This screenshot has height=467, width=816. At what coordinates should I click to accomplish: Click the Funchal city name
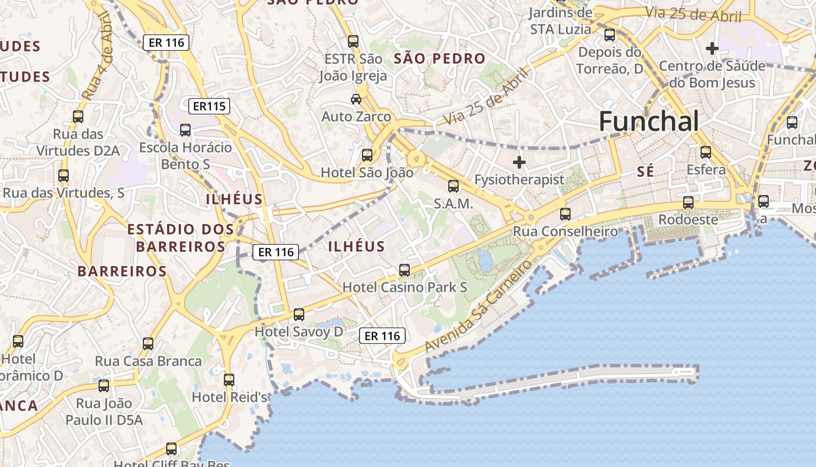point(649,121)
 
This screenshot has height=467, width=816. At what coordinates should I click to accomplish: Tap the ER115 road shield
point(209,106)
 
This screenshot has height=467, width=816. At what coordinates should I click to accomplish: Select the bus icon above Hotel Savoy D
point(299,315)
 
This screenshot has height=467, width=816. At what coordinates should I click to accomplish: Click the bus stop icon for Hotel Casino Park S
point(405,270)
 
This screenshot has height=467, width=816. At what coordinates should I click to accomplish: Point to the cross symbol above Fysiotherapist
point(519,162)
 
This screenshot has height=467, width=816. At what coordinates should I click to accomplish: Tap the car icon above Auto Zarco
point(356,99)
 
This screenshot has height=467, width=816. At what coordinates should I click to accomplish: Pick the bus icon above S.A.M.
point(453,186)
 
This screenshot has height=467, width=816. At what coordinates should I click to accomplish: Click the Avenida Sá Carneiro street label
point(479,306)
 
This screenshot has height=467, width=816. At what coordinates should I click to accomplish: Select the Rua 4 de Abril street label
point(97,56)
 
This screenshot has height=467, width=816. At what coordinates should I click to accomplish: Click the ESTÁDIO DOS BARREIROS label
point(181,238)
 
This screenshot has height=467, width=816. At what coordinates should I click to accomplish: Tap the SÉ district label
point(645,172)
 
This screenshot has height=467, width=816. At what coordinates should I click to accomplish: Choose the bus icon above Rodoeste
point(688,203)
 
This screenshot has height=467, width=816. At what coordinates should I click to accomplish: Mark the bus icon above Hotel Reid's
point(229,380)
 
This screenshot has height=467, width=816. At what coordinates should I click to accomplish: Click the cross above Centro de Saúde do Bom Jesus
point(712,48)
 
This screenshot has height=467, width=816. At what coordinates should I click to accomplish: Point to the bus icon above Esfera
point(706,152)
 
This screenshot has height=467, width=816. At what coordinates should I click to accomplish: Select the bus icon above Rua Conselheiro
point(565,214)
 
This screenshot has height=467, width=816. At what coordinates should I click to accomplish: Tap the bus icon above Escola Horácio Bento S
point(185,130)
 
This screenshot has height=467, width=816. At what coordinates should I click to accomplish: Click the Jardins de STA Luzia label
point(561,20)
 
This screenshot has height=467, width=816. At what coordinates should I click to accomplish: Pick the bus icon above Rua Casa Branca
point(148,344)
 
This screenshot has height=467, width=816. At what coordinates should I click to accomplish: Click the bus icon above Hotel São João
point(367,155)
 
